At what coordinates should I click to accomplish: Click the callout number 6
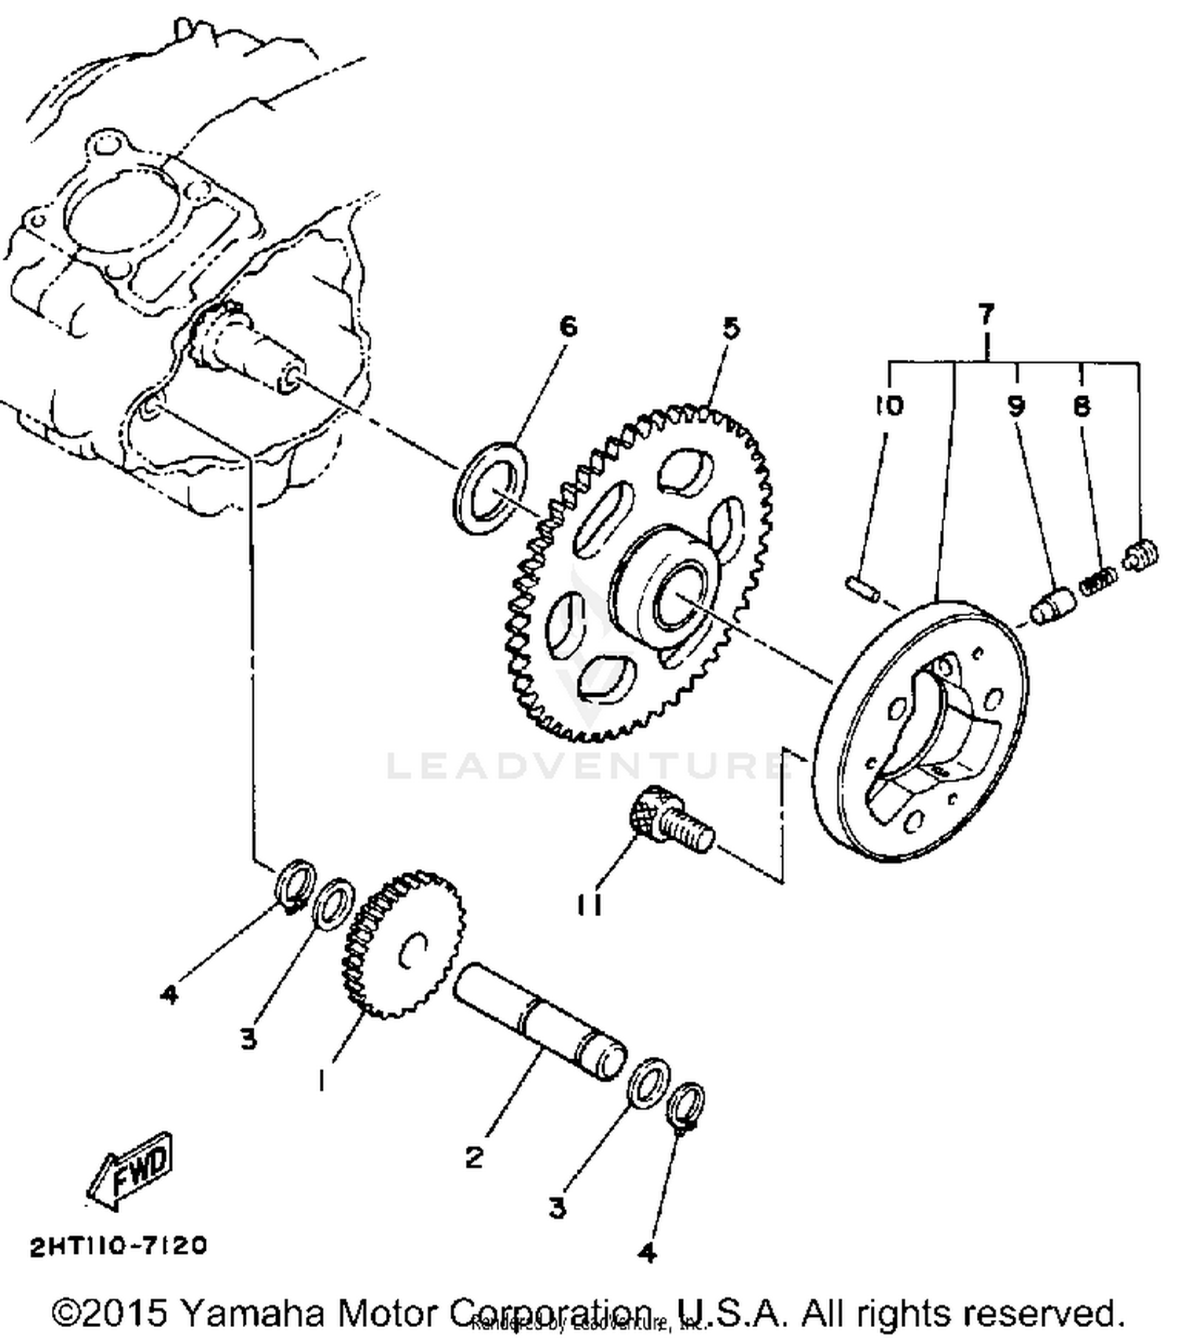567,325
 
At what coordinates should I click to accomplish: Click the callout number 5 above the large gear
731,327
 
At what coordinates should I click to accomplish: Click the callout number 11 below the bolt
589,906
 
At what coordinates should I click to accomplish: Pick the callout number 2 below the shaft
474,1157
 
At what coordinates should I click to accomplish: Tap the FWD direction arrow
130,1170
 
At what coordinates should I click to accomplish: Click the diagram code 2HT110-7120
119,1246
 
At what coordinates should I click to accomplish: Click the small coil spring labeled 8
1098,582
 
